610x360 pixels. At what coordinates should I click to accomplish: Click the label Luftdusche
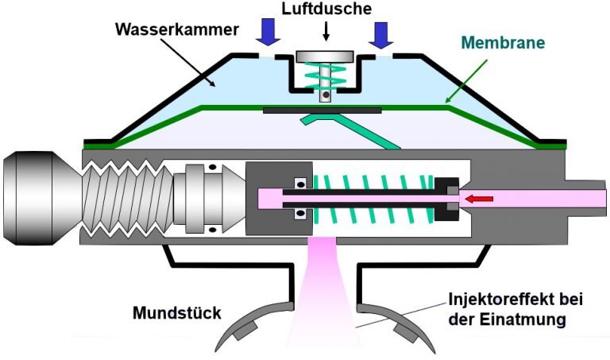point(326,10)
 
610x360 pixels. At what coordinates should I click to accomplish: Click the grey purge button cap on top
point(326,57)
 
